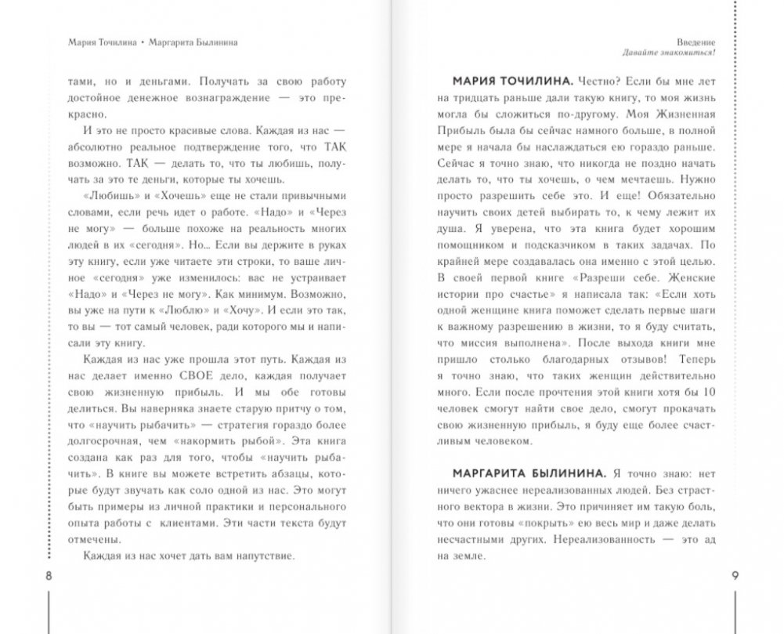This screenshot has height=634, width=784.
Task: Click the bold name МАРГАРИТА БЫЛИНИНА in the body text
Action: pos(517,476)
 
